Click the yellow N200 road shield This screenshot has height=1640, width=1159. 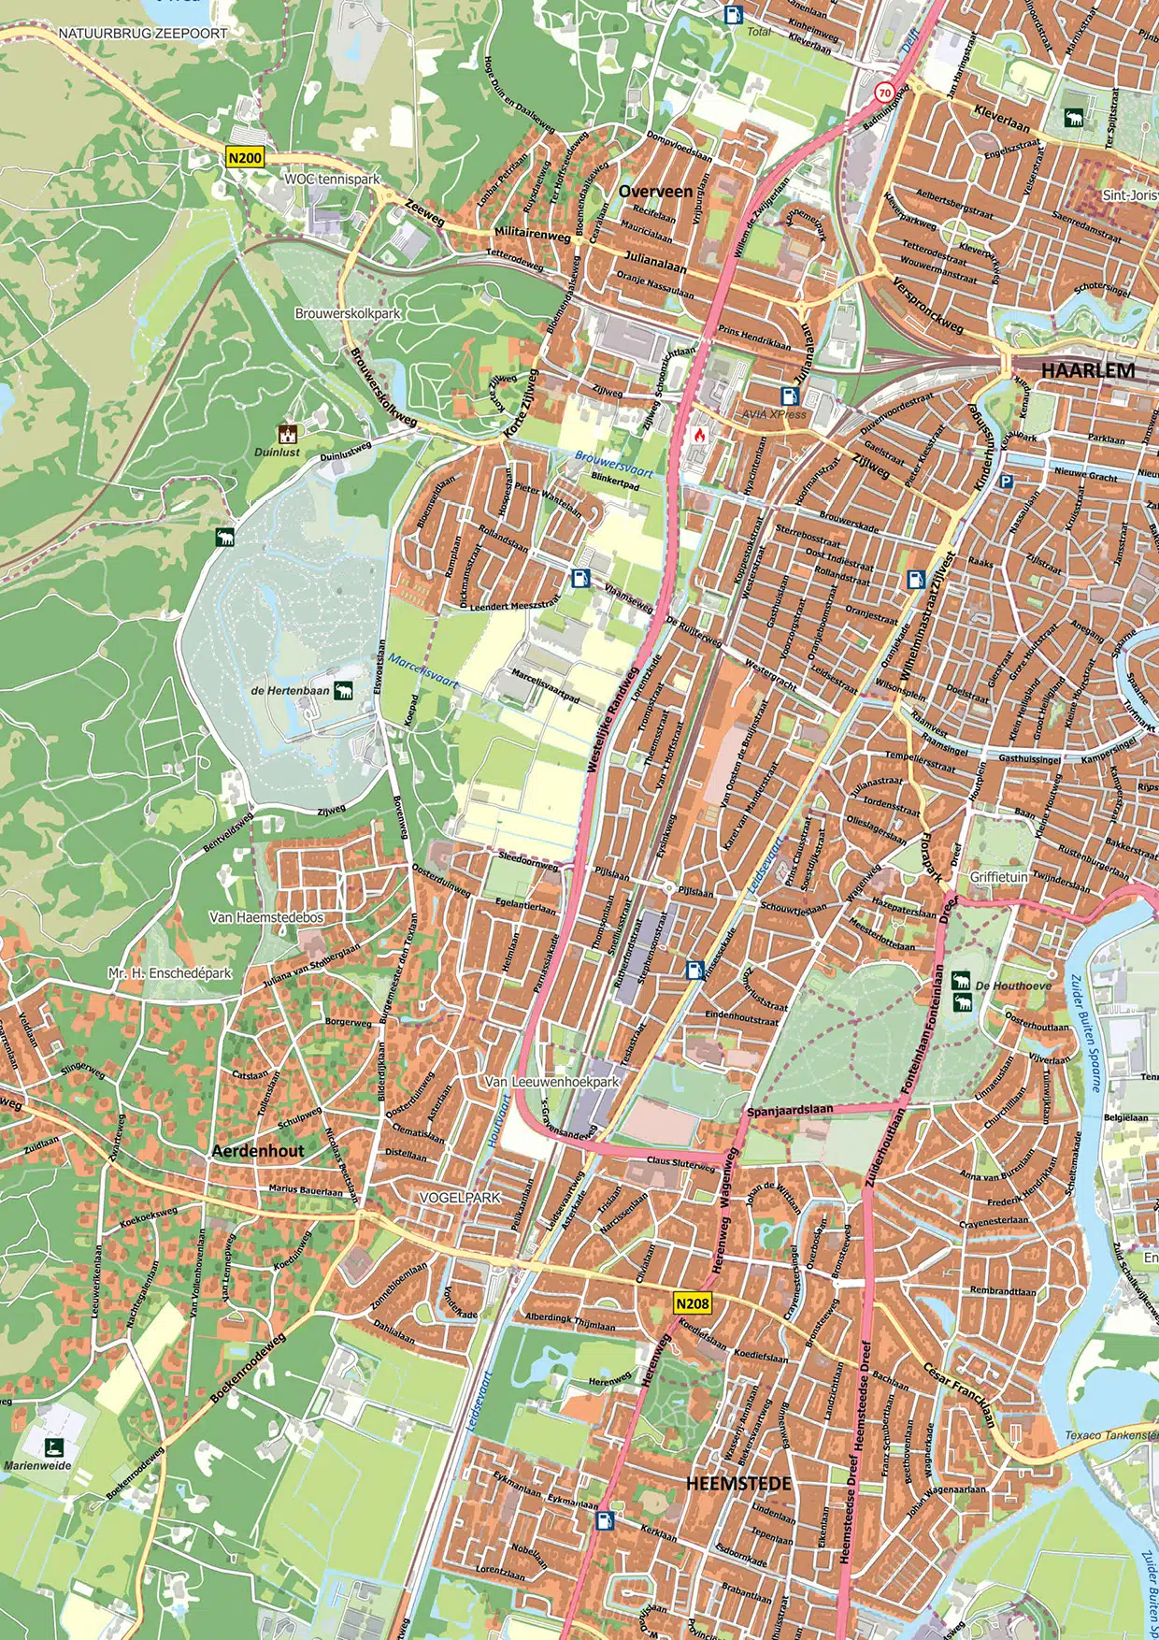click(x=245, y=158)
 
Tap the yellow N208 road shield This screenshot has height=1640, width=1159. click(x=692, y=1303)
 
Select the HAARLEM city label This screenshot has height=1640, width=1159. click(x=1088, y=370)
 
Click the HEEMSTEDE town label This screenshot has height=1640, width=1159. click(x=738, y=1483)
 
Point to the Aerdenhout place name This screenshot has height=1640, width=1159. click(x=258, y=1151)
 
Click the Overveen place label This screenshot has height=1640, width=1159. click(x=655, y=191)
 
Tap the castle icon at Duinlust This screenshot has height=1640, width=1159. click(x=288, y=434)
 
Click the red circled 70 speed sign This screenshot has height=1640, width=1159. click(x=884, y=93)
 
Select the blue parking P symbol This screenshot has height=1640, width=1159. click(x=1006, y=482)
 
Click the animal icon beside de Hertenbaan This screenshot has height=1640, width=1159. click(x=343, y=691)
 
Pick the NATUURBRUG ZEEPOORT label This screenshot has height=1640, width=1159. click(x=143, y=33)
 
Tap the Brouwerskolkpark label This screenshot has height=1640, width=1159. click(x=348, y=313)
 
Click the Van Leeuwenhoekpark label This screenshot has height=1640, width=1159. click(x=551, y=1081)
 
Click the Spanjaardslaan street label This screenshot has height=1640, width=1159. click(x=790, y=1110)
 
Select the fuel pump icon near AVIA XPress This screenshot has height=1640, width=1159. click(x=790, y=396)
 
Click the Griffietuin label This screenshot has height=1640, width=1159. click(x=998, y=877)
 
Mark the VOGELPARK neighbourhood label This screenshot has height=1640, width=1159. click(x=460, y=1197)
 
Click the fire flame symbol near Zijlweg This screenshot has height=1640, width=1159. click(x=699, y=434)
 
